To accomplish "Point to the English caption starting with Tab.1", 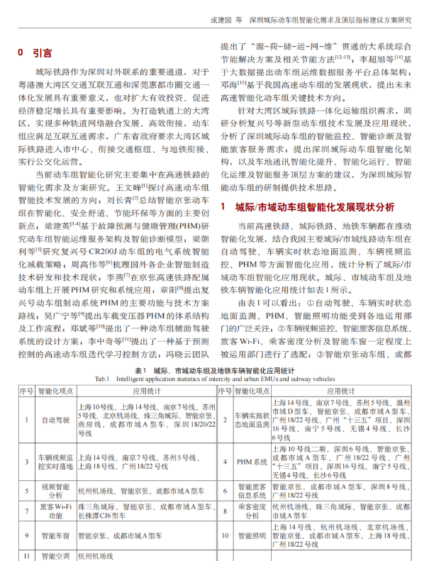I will click(216, 379).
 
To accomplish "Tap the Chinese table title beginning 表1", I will click(216, 370).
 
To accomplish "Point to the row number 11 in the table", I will click(26, 556).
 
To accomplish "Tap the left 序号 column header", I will click(26, 391).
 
